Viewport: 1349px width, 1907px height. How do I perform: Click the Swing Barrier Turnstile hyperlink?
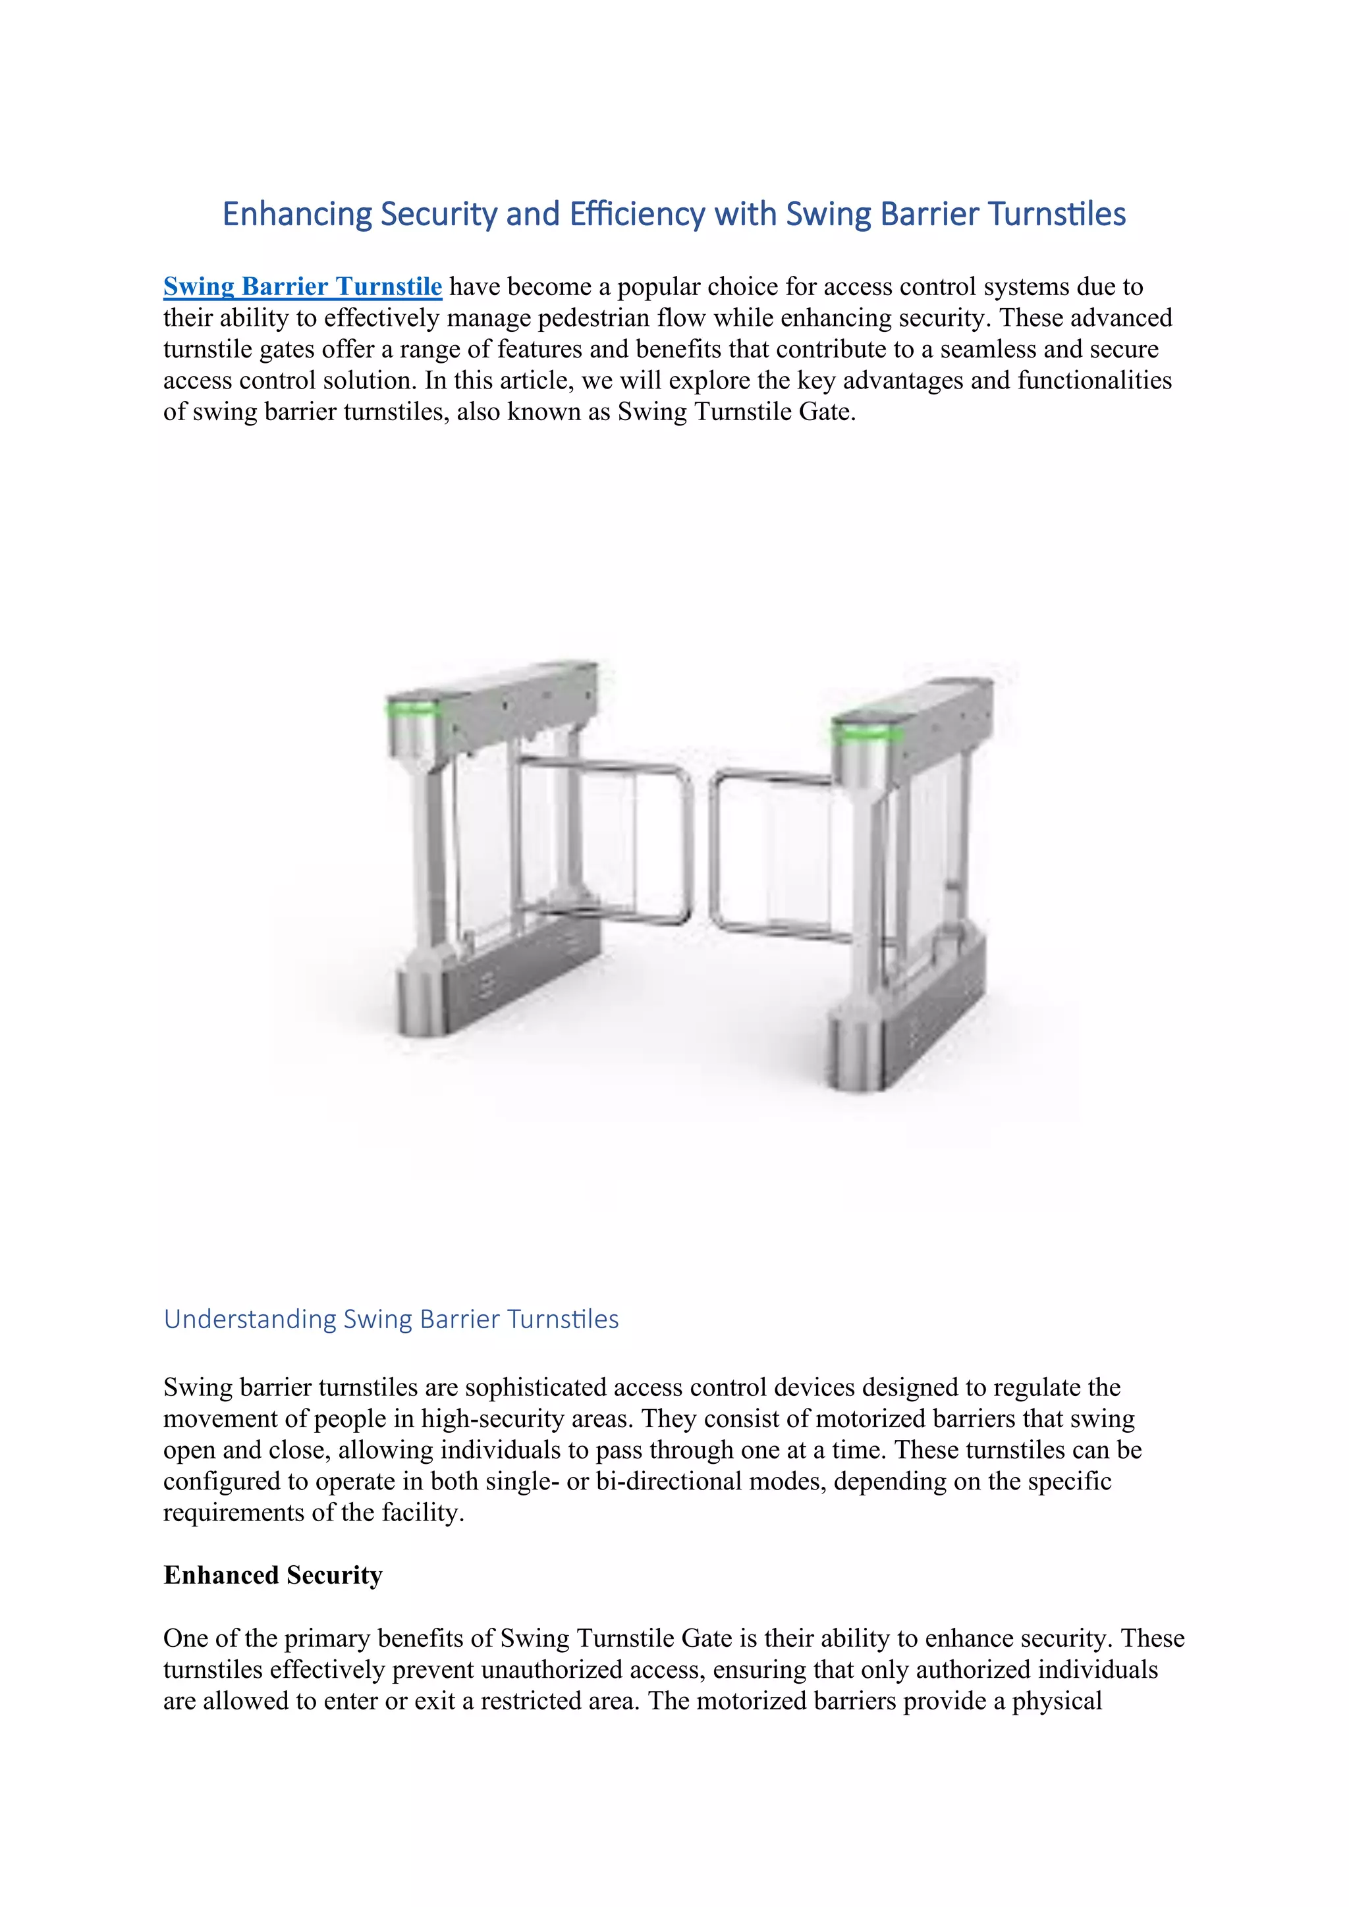(x=302, y=286)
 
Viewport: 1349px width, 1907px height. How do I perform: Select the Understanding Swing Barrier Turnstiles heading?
(x=391, y=1319)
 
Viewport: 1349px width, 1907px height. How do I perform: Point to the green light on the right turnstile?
(x=866, y=732)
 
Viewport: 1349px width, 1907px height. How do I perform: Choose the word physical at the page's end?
(x=1056, y=1701)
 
